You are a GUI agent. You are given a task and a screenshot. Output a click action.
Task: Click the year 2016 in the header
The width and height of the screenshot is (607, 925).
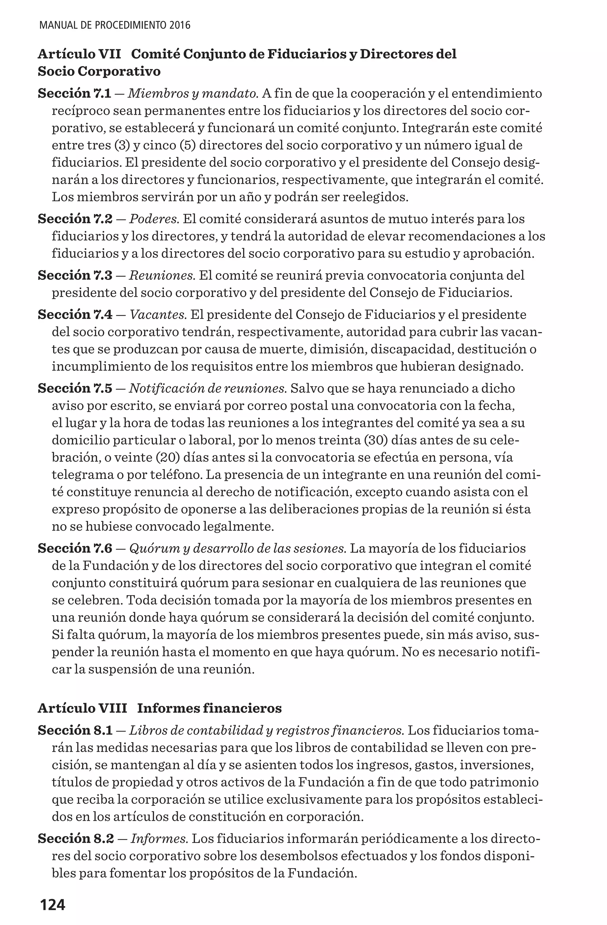pyautogui.click(x=180, y=26)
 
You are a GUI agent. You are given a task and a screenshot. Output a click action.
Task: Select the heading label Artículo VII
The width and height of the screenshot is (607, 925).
pyautogui.click(x=79, y=54)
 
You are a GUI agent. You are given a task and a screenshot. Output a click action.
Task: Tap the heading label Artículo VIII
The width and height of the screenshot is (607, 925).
pyautogui.click(x=82, y=708)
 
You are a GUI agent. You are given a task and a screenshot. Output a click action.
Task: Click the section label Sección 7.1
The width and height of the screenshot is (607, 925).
pyautogui.click(x=75, y=94)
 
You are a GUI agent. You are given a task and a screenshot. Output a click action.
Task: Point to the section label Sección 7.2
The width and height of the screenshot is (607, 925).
pyautogui.click(x=75, y=219)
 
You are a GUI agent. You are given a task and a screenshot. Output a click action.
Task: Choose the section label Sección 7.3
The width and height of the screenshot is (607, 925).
pyautogui.click(x=75, y=275)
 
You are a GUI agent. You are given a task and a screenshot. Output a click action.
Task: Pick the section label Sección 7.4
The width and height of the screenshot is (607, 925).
pyautogui.click(x=75, y=315)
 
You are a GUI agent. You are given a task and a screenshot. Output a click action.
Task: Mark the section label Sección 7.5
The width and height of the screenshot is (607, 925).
pyautogui.click(x=75, y=388)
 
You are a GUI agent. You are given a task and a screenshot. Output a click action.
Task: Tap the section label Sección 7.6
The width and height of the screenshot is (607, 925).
pyautogui.click(x=75, y=548)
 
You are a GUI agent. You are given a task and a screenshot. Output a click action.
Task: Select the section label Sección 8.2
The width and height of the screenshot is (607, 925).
pyautogui.click(x=76, y=839)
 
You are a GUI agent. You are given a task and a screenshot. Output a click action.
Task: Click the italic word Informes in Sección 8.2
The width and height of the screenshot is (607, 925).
pyautogui.click(x=159, y=839)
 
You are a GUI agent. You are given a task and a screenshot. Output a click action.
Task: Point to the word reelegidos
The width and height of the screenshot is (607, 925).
pyautogui.click(x=375, y=197)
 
